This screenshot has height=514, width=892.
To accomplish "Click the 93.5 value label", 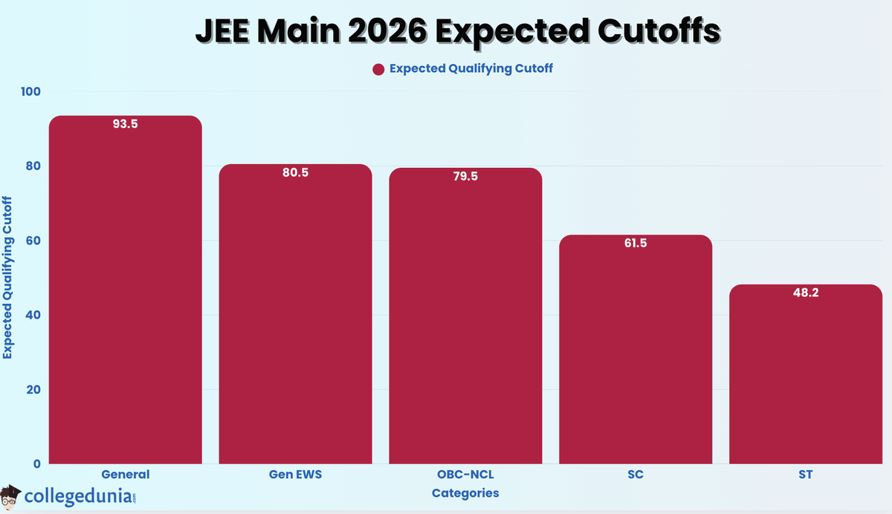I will pyautogui.click(x=125, y=124).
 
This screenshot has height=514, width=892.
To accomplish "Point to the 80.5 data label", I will pyautogui.click(x=295, y=172).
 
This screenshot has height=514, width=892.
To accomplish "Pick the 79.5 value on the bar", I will pyautogui.click(x=465, y=177).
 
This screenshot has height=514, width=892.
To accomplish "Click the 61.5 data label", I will pyautogui.click(x=635, y=243).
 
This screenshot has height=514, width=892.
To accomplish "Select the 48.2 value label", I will pyautogui.click(x=806, y=293).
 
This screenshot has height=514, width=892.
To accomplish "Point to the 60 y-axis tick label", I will pyautogui.click(x=33, y=241).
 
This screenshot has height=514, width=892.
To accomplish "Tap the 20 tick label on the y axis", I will pyautogui.click(x=33, y=389).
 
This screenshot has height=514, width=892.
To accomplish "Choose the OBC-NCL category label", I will pyautogui.click(x=465, y=475).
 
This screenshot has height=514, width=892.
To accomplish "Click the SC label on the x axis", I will pyautogui.click(x=635, y=475).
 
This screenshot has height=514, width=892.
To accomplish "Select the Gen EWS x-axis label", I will pyautogui.click(x=295, y=475).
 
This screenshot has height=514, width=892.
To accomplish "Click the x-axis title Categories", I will pyautogui.click(x=465, y=492).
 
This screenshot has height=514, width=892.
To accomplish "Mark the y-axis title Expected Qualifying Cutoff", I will pyautogui.click(x=8, y=277).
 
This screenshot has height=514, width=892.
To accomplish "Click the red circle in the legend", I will pyautogui.click(x=378, y=69).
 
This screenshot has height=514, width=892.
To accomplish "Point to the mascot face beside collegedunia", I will pyautogui.click(x=11, y=495).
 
